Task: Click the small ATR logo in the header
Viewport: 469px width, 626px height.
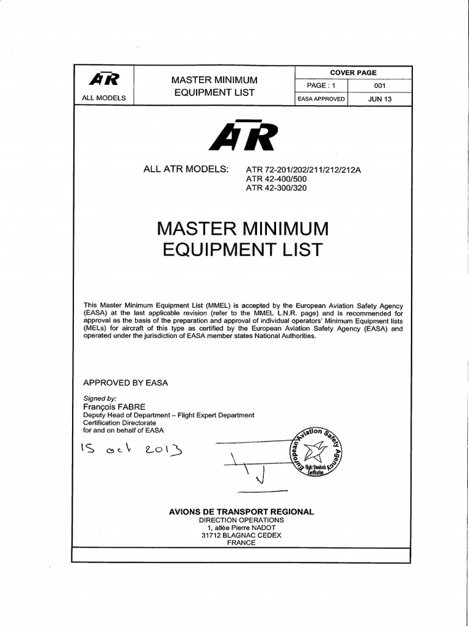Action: pos(104,80)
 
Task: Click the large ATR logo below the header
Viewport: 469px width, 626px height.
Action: pos(243,136)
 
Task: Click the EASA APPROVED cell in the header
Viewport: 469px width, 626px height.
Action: pos(321,98)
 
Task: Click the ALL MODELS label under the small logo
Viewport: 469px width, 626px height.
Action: pos(104,98)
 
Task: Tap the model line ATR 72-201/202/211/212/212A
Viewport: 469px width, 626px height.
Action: pos(304,170)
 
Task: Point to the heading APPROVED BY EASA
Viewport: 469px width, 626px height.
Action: pos(125,383)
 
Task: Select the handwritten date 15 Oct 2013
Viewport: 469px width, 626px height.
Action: pos(129,451)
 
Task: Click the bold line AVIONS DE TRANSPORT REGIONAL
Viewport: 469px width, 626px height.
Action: pos(241,511)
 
